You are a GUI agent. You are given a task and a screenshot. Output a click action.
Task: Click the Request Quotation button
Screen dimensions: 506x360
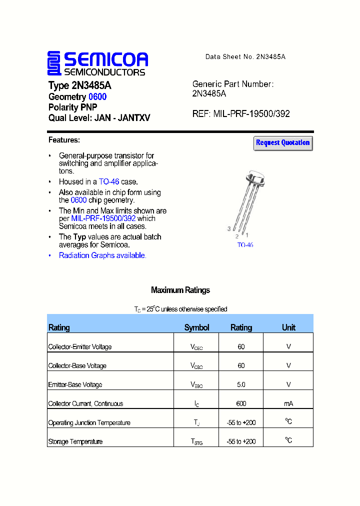pos(283,143)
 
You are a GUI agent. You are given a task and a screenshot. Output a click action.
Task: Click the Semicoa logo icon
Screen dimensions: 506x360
pos(54,63)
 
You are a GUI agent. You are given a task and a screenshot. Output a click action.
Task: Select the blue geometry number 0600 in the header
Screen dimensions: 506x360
pos(97,96)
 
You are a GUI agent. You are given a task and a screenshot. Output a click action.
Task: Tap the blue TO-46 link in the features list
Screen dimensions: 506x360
pos(109,182)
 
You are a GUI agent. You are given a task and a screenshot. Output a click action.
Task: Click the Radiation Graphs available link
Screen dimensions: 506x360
pos(102,255)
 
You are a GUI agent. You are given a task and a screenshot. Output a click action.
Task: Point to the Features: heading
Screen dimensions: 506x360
pos(64,140)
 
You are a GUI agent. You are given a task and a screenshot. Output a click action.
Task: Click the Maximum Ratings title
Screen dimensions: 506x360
pos(180,290)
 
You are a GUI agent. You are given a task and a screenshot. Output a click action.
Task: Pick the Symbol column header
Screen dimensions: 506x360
pos(196,327)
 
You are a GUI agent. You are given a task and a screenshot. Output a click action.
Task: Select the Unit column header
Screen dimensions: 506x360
pos(288,327)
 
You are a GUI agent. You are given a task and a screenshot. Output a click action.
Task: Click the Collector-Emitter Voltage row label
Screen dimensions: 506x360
pos(80,347)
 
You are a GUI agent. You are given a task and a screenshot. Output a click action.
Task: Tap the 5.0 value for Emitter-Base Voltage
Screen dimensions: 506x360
pos(241,384)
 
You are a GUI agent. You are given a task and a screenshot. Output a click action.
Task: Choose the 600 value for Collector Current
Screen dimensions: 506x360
pos(241,403)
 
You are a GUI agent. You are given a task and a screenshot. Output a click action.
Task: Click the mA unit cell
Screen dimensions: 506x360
pos(288,403)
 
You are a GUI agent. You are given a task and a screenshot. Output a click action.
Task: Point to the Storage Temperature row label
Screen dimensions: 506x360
pos(75,441)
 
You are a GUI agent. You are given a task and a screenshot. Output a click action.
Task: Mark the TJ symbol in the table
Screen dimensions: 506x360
pos(196,423)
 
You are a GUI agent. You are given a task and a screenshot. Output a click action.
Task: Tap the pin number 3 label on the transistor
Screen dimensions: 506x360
pos(229,229)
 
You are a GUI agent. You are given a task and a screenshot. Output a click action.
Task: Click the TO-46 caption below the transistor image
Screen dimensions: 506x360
pos(245,245)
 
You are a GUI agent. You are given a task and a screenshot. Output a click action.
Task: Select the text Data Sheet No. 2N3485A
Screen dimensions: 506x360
pos(245,57)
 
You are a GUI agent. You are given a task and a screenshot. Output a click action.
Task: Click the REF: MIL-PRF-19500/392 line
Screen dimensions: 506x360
pos(241,114)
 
